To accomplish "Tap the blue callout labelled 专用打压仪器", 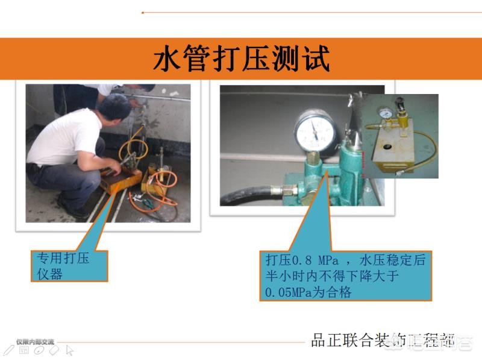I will [x=70, y=266].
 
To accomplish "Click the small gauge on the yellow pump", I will [x=383, y=113].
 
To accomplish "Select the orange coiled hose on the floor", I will [x=159, y=188].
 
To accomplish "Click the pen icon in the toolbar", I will [x=8, y=349].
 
